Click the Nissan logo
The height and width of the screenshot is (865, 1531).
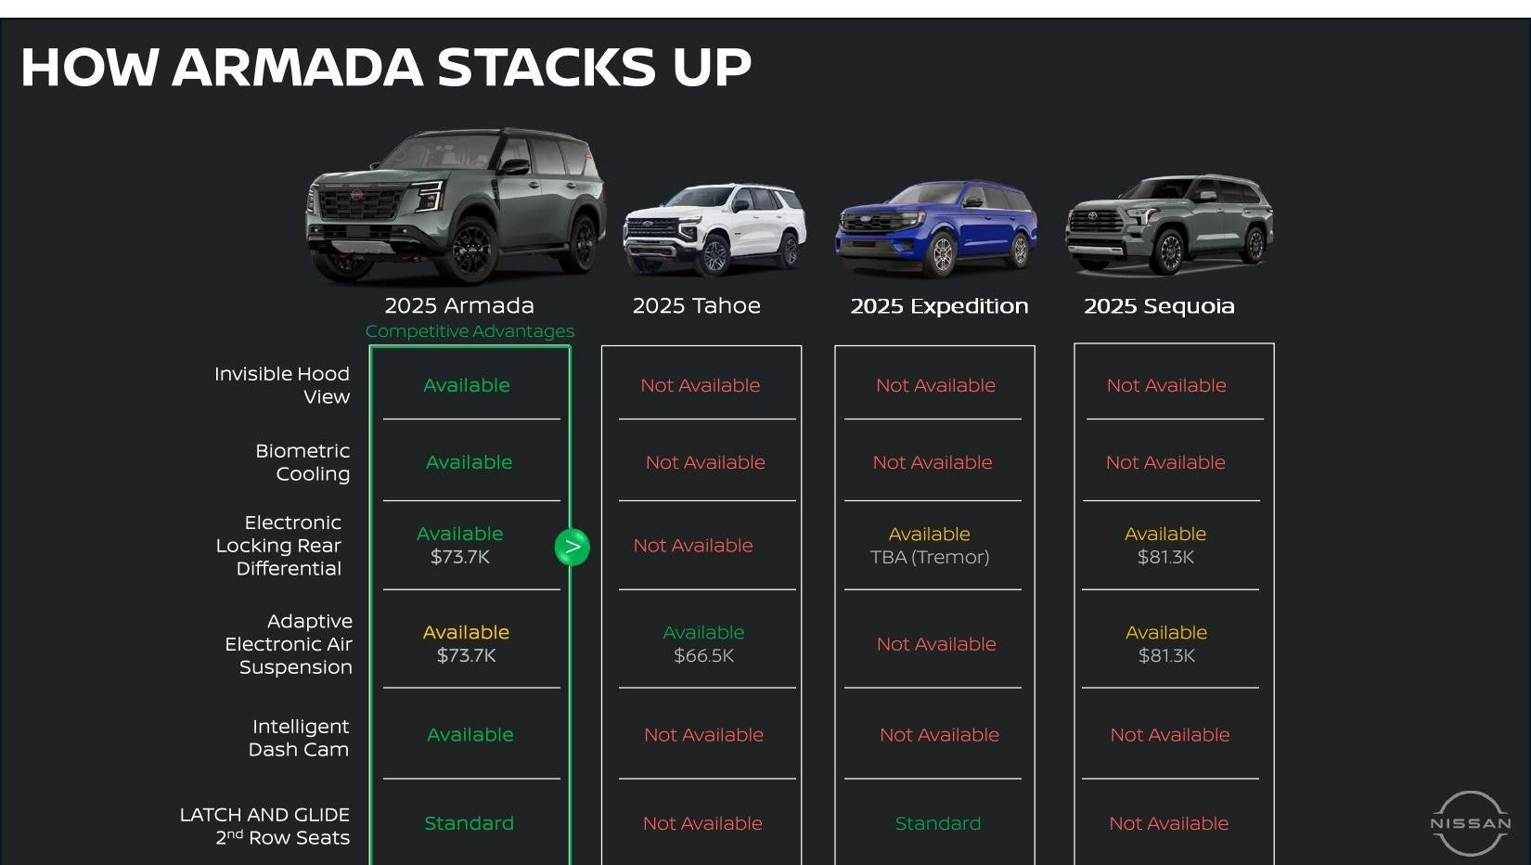1470,823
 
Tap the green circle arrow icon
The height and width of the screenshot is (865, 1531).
573,547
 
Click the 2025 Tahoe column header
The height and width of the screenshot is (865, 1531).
696,305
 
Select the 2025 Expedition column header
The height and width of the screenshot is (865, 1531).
939,305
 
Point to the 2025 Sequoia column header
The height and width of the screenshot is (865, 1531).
1159,305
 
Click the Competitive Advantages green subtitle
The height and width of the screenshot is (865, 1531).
470,331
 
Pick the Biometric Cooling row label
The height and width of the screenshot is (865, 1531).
302,462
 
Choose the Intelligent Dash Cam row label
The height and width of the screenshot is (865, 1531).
300,738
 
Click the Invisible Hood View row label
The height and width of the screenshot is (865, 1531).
282,385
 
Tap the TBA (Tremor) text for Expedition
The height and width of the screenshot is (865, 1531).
930,557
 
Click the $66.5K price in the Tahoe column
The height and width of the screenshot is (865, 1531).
703,655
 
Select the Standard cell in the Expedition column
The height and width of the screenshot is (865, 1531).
937,823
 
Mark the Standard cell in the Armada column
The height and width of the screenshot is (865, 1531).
469,823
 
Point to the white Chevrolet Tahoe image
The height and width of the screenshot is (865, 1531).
714,228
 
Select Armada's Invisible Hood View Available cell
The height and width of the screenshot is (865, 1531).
467,385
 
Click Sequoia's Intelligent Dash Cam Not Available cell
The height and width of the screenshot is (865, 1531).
1169,735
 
